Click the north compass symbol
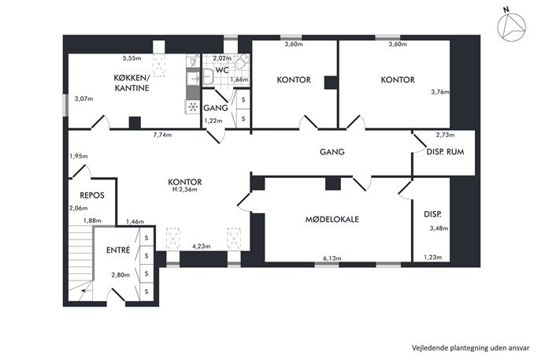[511, 26]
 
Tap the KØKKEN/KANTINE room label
[132, 83]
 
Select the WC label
[222, 70]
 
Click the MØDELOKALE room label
[332, 219]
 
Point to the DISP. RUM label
[445, 152]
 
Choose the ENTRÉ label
[118, 250]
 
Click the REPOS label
[92, 195]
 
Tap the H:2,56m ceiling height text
[184, 190]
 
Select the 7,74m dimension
[162, 135]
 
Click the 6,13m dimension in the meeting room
[332, 258]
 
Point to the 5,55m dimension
[132, 58]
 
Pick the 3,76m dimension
[440, 92]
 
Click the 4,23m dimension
[201, 247]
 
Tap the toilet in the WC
[241, 62]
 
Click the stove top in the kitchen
[193, 106]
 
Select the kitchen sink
[193, 79]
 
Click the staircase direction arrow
[83, 291]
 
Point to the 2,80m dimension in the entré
[120, 275]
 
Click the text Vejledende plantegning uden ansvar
[470, 348]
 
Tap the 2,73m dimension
[445, 135]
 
